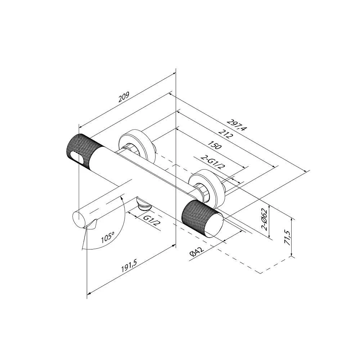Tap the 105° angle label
(x=108, y=238)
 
